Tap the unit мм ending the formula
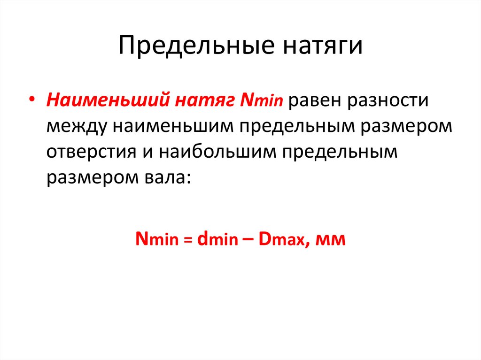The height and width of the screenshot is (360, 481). (x=332, y=240)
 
